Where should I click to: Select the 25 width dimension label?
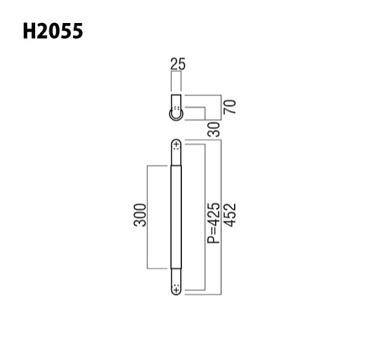(178, 65)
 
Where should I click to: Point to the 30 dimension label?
(215, 128)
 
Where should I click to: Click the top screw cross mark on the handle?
(177, 145)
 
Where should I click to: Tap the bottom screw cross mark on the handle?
(177, 289)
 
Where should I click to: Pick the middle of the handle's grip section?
(177, 217)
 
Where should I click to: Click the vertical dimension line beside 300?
(147, 217)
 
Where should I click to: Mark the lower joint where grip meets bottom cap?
(177, 269)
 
